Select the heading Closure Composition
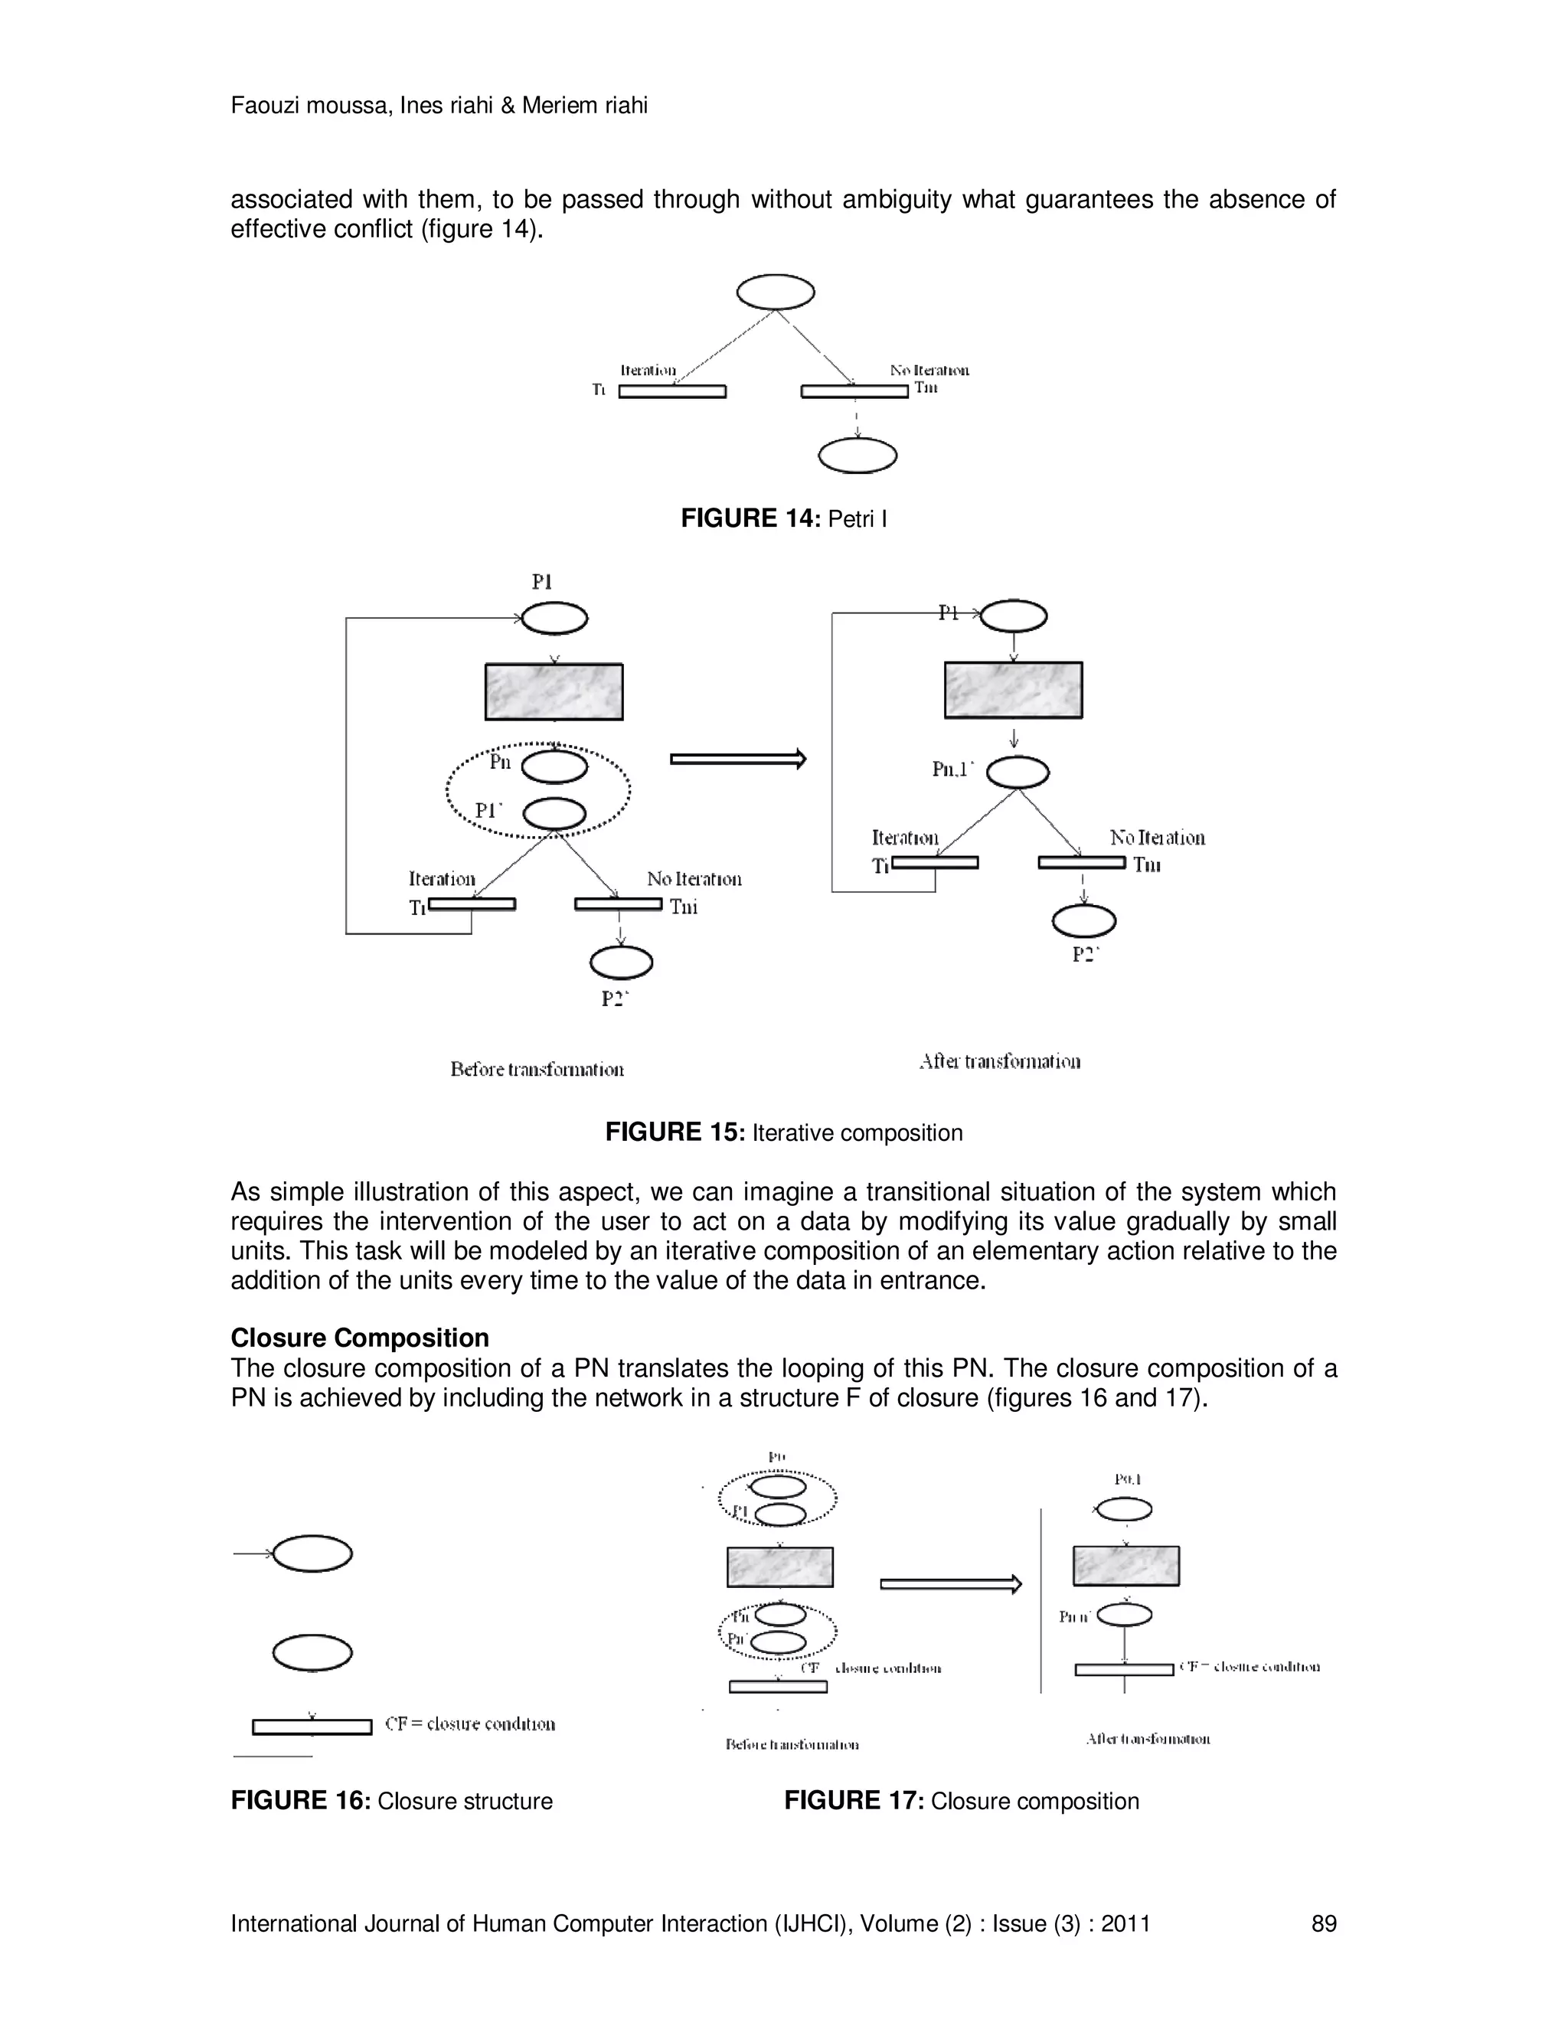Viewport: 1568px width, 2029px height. (x=360, y=1338)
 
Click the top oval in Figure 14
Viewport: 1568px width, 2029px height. (x=776, y=292)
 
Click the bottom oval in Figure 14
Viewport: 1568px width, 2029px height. (x=857, y=456)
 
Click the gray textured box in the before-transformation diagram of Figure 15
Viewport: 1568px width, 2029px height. (x=554, y=692)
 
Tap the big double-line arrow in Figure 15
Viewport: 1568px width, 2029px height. (x=737, y=760)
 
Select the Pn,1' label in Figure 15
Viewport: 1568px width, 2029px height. (x=953, y=769)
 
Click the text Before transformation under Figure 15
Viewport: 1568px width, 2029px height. (x=537, y=1070)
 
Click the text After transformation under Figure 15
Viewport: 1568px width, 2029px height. (x=999, y=1062)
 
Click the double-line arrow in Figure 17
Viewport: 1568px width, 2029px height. (x=949, y=1585)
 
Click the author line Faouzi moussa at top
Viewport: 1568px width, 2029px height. (x=439, y=106)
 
